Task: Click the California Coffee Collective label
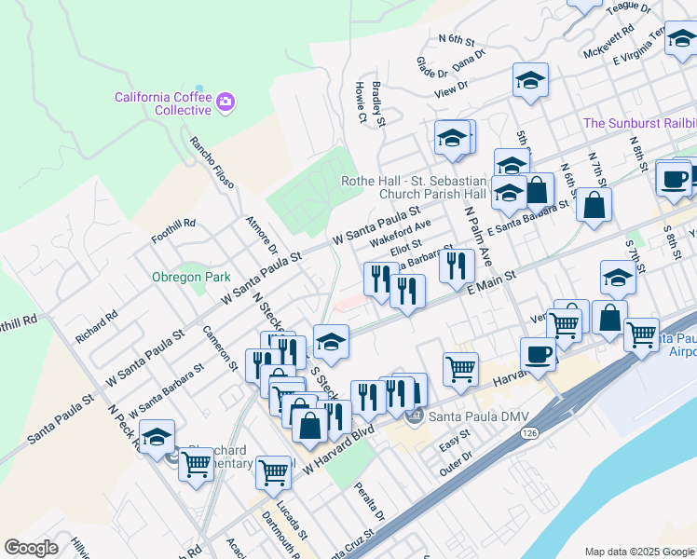tap(163, 103)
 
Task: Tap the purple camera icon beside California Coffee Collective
tap(225, 101)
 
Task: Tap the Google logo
tap(32, 548)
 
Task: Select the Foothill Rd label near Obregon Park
tap(176, 225)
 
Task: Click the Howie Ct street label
tap(362, 102)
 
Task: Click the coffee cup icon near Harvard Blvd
tap(537, 353)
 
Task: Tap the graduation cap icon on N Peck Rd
tap(157, 435)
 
